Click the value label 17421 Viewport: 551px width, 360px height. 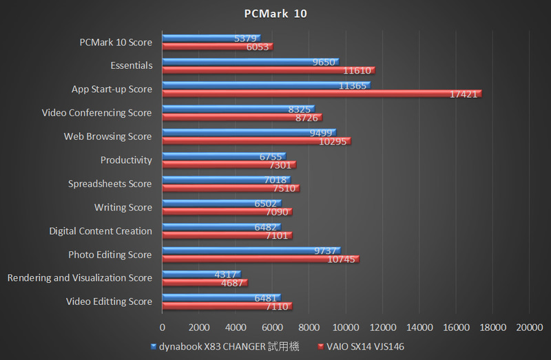463,94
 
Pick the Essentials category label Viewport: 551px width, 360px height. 131,66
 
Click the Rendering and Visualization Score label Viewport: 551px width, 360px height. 79,278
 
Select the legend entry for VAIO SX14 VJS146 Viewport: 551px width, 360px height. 368,346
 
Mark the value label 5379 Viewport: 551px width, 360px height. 245,39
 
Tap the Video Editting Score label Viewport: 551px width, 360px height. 109,301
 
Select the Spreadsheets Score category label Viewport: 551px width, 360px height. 110,184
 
